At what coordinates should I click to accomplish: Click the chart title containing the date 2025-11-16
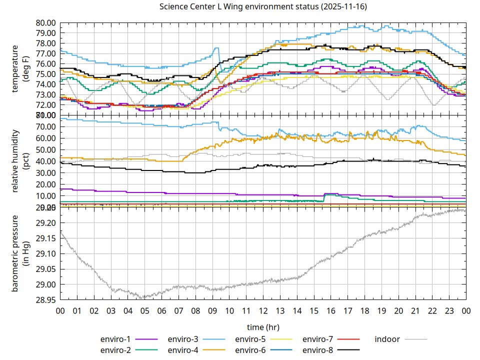point(262,7)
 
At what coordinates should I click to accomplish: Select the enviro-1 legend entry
point(116,339)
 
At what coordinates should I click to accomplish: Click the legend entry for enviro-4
point(183,349)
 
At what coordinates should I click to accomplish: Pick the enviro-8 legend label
point(318,349)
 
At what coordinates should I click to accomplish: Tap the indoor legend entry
point(387,339)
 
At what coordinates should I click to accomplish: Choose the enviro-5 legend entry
point(251,339)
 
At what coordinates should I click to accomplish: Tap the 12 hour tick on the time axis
point(263,311)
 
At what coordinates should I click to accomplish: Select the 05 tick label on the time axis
point(144,311)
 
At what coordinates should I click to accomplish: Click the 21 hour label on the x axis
point(415,311)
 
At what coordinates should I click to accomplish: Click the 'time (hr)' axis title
point(263,327)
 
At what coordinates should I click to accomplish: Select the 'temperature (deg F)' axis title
point(20,68)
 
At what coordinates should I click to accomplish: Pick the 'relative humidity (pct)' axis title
point(20,160)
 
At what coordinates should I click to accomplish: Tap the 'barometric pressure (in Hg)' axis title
point(20,253)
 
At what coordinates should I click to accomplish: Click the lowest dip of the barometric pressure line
point(143,298)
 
